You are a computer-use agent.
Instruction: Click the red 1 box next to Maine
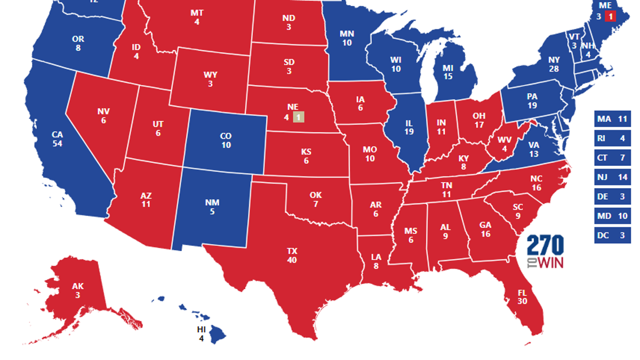(611, 16)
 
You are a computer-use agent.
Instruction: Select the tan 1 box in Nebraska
(299, 117)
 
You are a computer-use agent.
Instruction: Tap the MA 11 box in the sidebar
(612, 119)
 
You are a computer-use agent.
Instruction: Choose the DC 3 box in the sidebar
(612, 235)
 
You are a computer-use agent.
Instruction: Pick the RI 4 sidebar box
(612, 138)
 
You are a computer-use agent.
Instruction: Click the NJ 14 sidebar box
(612, 177)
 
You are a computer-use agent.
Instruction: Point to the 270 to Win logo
(545, 252)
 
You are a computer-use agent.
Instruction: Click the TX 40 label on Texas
(292, 255)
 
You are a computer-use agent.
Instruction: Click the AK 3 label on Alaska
(78, 290)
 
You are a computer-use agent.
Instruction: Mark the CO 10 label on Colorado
(226, 140)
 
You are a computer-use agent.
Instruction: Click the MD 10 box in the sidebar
(612, 215)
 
